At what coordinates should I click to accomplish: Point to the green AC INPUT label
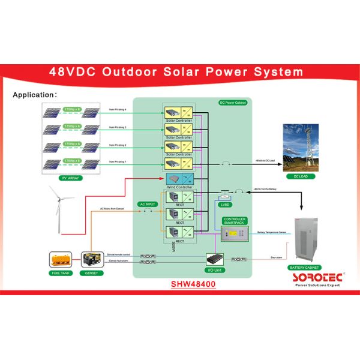(147, 205)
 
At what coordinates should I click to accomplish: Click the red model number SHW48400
(193, 284)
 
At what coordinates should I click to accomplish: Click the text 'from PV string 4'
(118, 110)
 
